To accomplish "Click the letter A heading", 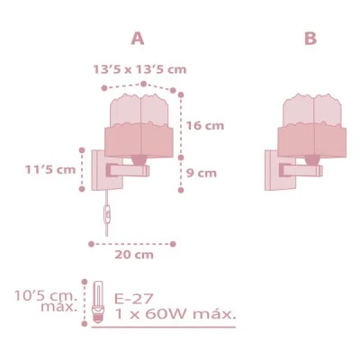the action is pyautogui.click(x=138, y=39).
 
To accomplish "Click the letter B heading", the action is pyautogui.click(x=310, y=39).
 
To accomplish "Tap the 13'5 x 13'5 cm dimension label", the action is pyautogui.click(x=139, y=69).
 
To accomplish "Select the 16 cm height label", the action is pyautogui.click(x=205, y=125).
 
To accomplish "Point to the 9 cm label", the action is pyautogui.click(x=202, y=173).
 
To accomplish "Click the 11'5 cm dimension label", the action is pyautogui.click(x=50, y=170).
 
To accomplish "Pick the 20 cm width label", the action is pyautogui.click(x=134, y=255).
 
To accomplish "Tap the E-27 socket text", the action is pyautogui.click(x=134, y=299).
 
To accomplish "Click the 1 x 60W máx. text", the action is pyautogui.click(x=175, y=314).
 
